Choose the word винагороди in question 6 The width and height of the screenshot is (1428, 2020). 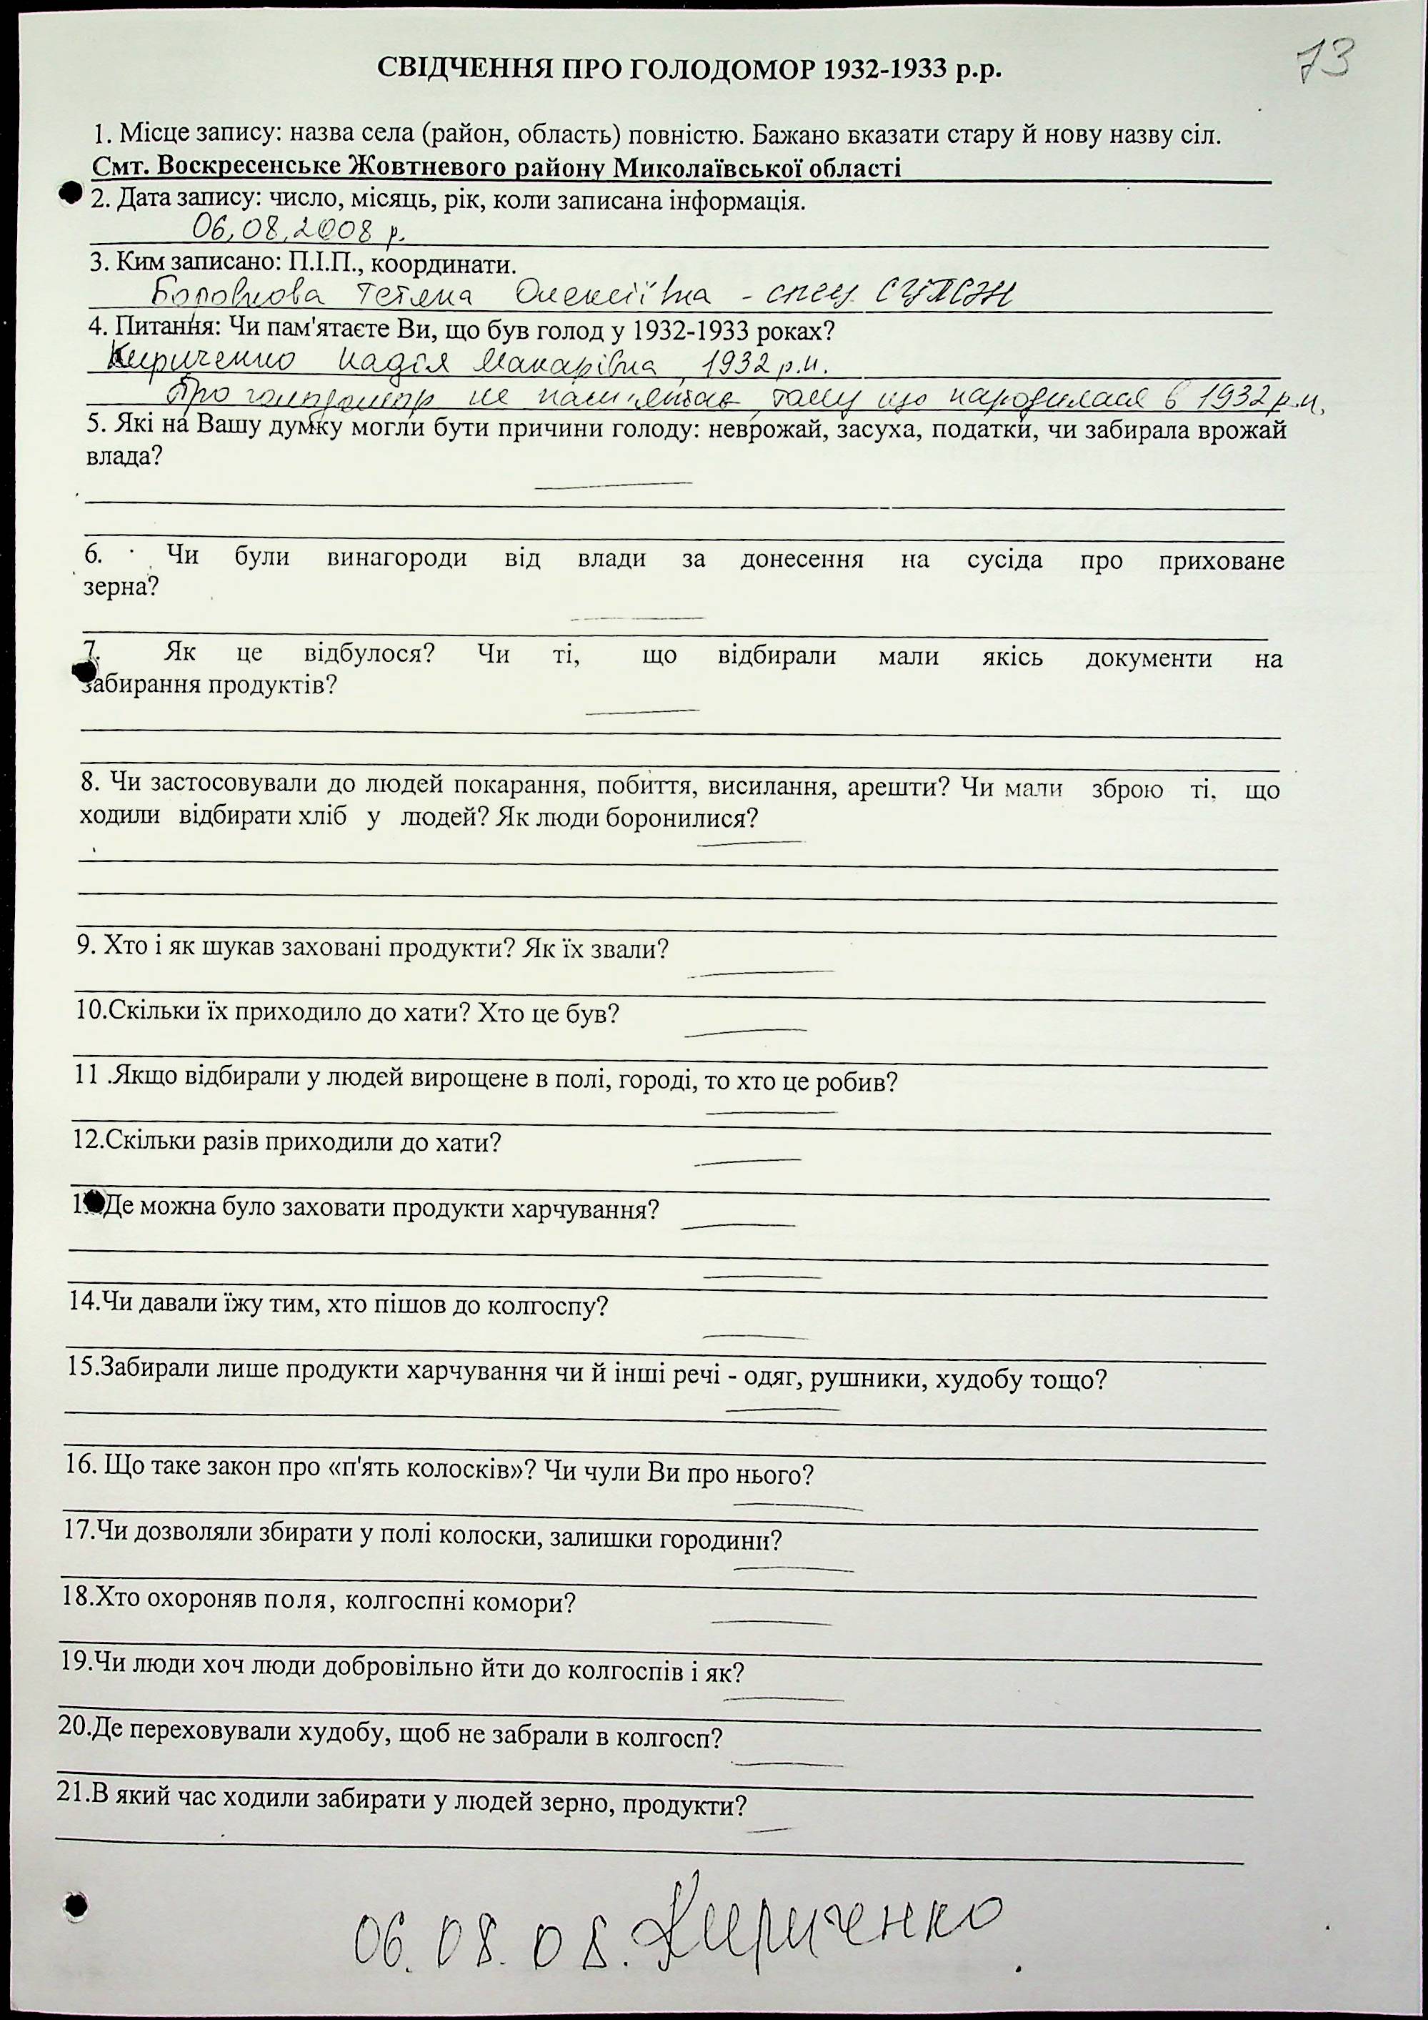396,559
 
